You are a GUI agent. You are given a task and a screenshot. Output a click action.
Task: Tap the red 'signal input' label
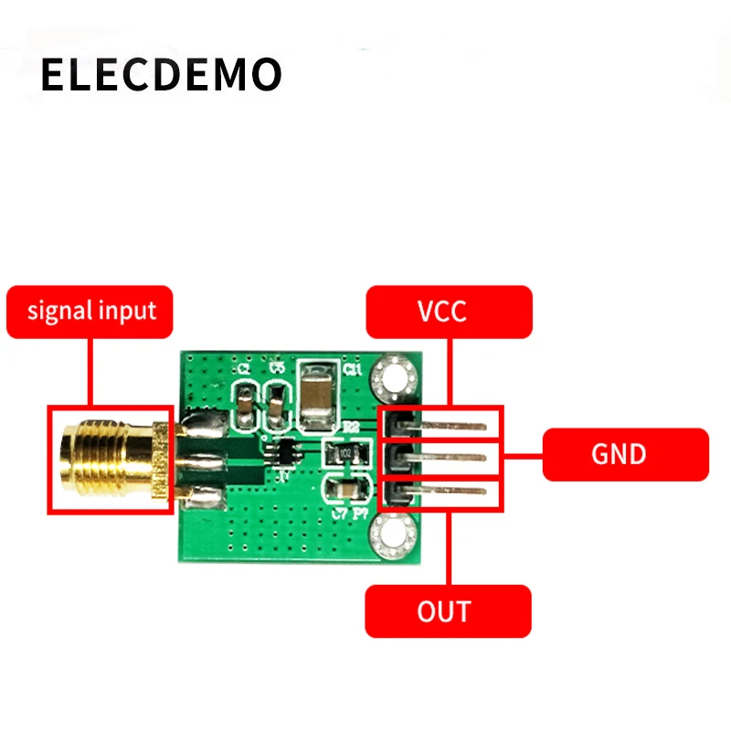point(91,312)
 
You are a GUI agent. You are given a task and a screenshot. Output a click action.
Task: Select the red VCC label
point(448,312)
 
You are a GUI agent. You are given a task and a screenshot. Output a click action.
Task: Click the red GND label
point(625,454)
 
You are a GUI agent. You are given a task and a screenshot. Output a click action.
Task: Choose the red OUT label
point(448,610)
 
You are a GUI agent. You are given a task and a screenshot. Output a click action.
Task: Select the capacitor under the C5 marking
point(276,408)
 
